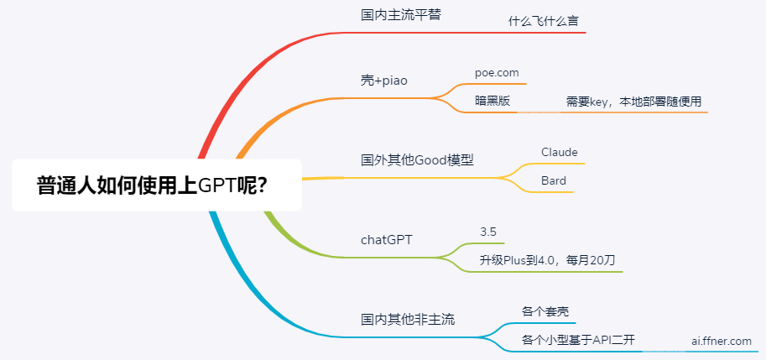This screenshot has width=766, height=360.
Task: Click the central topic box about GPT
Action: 156,185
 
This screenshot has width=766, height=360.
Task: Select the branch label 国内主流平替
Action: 401,14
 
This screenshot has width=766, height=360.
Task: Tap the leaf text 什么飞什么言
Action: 545,22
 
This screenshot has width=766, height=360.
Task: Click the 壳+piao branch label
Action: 384,81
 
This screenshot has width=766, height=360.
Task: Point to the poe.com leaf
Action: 497,73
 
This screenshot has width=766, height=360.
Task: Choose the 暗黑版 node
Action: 492,101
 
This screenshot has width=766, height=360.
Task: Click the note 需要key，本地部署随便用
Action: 633,102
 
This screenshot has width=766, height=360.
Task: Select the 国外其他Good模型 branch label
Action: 417,159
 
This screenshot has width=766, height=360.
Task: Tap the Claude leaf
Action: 560,152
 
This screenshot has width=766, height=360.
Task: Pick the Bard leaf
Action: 554,180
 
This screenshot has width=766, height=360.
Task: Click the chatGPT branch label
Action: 387,240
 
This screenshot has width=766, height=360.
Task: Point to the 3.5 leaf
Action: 488,232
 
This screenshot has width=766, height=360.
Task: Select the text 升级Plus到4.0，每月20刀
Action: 547,260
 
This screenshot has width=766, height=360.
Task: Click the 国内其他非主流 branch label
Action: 408,320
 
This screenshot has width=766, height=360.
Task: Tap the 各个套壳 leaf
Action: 545,311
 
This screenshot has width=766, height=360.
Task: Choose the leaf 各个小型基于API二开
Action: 578,340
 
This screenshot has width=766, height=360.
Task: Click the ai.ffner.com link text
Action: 722,341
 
